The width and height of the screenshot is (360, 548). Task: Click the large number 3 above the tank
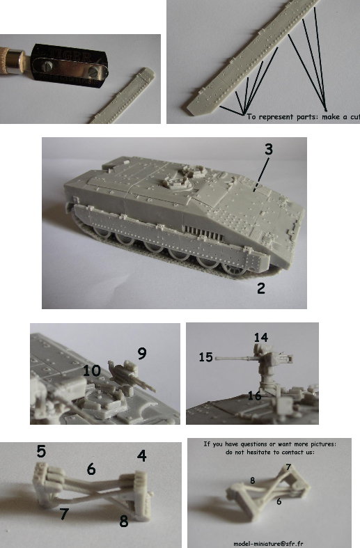pyautogui.click(x=268, y=149)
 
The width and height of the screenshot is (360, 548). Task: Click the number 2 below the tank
pyautogui.click(x=260, y=288)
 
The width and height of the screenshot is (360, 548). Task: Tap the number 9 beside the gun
pyautogui.click(x=141, y=353)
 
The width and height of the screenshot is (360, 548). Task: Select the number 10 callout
pyautogui.click(x=92, y=370)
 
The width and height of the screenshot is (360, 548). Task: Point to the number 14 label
pyautogui.click(x=261, y=337)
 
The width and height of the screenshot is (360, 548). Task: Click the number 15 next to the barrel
pyautogui.click(x=205, y=357)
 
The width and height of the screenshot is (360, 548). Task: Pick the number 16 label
pyautogui.click(x=254, y=396)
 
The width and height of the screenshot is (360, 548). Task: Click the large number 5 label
pyautogui.click(x=41, y=451)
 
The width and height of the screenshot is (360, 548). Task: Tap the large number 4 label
pyautogui.click(x=141, y=455)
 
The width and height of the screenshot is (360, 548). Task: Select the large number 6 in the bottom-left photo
pyautogui.click(x=91, y=469)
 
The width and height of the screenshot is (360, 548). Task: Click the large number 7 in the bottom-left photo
pyautogui.click(x=63, y=513)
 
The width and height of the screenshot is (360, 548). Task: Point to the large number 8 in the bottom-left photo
pyautogui.click(x=124, y=521)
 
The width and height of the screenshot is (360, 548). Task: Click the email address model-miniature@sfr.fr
pyautogui.click(x=268, y=543)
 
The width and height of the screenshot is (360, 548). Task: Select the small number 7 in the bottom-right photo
pyautogui.click(x=288, y=467)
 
